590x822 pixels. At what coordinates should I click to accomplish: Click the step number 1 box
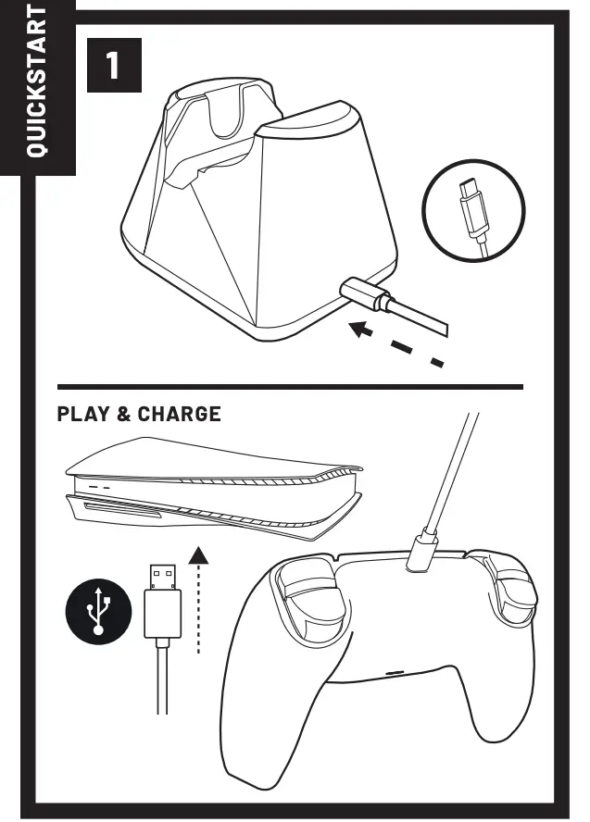point(113,64)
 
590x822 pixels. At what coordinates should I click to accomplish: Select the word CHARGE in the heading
point(180,414)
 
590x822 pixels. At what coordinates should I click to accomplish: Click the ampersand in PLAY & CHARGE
point(122,414)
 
